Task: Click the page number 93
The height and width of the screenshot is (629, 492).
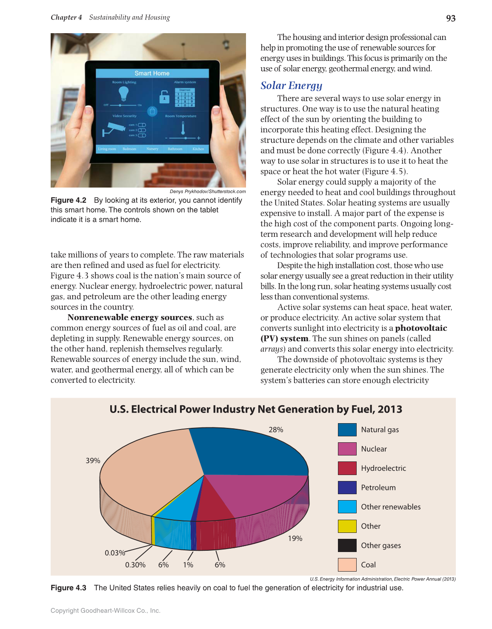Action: click(x=450, y=18)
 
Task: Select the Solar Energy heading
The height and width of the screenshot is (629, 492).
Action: click(x=291, y=85)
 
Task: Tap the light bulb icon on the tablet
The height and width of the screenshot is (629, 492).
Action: click(x=123, y=93)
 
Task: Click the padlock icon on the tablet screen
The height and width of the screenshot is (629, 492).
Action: click(x=164, y=97)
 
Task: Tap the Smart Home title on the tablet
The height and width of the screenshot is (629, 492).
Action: click(x=152, y=73)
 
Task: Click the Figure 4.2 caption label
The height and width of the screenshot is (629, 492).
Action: click(x=69, y=200)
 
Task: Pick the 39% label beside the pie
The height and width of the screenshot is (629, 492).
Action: click(x=93, y=461)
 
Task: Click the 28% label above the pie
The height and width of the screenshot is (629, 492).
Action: click(x=276, y=430)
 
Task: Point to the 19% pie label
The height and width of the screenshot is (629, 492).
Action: click(x=295, y=538)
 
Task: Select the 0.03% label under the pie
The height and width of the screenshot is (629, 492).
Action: click(x=115, y=553)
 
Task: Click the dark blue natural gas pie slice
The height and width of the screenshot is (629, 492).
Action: click(x=251, y=451)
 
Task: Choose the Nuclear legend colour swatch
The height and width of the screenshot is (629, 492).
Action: click(x=347, y=449)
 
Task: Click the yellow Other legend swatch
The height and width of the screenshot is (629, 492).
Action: click(x=347, y=526)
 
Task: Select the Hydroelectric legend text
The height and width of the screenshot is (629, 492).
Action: click(x=383, y=468)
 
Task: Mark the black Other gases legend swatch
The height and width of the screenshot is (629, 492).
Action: click(x=347, y=545)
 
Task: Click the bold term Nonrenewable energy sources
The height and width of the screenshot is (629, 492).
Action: click(x=130, y=317)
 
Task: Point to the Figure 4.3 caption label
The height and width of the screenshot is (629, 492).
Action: click(x=69, y=588)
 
